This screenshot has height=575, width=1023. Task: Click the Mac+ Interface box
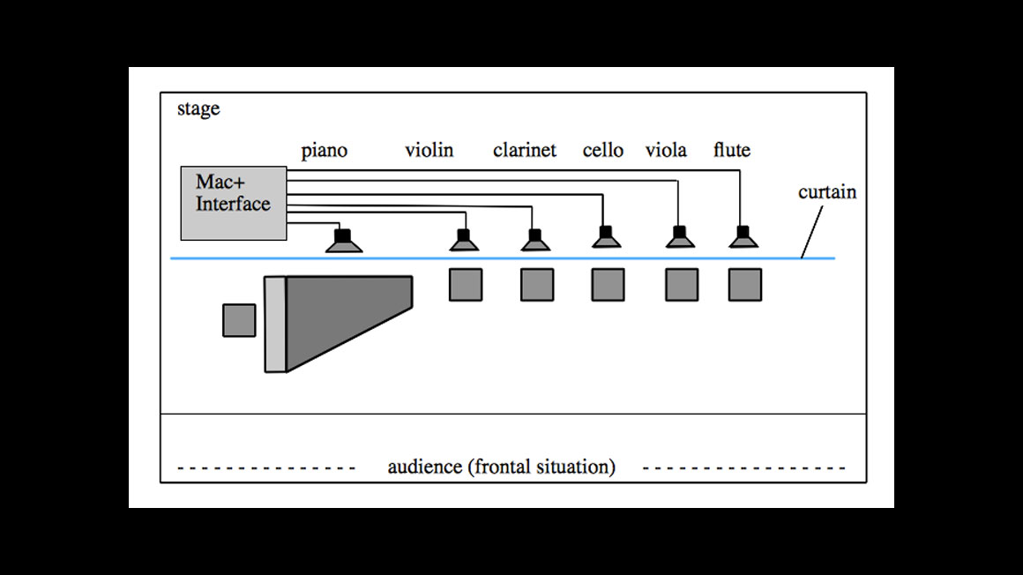[x=233, y=203]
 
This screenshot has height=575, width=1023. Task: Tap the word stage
[x=198, y=109]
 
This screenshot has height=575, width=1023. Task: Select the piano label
[x=325, y=151]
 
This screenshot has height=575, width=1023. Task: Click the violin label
[x=429, y=150]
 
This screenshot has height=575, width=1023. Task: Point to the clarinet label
[x=525, y=150]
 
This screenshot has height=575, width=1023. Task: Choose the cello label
[x=603, y=150]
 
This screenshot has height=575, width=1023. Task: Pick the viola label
[x=666, y=150]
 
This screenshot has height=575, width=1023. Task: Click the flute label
[x=732, y=150]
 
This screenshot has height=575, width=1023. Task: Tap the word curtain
[x=827, y=191]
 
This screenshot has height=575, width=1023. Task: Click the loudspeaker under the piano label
[x=344, y=241]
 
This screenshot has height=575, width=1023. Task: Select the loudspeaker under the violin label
[x=465, y=240]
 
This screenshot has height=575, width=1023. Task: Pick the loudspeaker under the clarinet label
[x=534, y=240]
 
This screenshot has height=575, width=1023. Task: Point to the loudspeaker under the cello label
[x=606, y=238]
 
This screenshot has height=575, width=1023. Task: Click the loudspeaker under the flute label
[x=744, y=238]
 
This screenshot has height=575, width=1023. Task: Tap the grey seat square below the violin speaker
[x=466, y=285]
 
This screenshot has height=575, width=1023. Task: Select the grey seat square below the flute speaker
[x=744, y=285]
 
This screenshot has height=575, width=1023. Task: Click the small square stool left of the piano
[x=239, y=320]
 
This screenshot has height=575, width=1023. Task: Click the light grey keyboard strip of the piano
[x=275, y=324]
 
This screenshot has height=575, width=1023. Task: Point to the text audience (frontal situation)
[x=501, y=467]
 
